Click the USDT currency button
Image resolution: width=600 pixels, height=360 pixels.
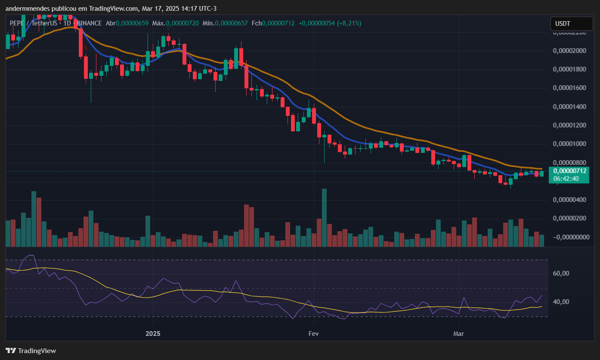565,24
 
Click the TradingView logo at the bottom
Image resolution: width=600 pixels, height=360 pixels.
31,351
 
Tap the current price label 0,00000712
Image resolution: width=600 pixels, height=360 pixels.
569,171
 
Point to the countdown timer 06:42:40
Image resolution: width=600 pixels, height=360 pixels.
566,178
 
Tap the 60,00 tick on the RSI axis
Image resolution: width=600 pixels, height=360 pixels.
560,273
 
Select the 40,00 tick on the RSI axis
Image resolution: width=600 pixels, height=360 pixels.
560,302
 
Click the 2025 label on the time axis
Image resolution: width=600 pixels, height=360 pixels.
153,334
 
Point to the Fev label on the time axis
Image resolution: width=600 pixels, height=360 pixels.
314,334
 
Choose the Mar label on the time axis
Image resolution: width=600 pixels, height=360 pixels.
459,334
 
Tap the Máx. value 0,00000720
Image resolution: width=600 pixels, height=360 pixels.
182,23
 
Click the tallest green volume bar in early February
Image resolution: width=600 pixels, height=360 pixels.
324,217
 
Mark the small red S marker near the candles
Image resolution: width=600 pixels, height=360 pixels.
86,48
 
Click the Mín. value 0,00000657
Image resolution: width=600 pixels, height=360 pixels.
232,23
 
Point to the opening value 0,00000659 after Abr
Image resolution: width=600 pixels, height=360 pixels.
133,23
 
